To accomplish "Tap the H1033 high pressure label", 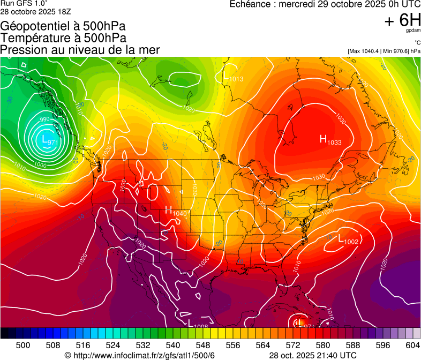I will coord(330,140).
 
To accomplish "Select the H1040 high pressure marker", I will coord(176,211).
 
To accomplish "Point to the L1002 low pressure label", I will coord(348,241).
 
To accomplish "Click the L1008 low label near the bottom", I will coord(198,324).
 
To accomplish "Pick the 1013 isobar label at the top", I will coord(236,79).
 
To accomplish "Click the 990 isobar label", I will coord(44,119).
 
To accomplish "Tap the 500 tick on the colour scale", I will coord(22,345).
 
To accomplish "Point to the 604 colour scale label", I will coord(412,345).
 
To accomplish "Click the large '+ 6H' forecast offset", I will coord(402,20).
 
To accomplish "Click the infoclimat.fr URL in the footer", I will coord(140,355).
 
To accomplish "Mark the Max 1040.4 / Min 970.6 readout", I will coord(384,51).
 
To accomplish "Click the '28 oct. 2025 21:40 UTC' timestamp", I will coord(313,355).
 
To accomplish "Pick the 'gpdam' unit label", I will coord(412,31).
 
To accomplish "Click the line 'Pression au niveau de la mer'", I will coord(80,49).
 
